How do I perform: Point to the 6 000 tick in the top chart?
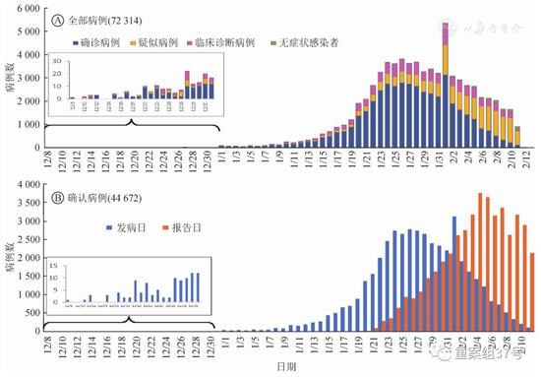29,8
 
